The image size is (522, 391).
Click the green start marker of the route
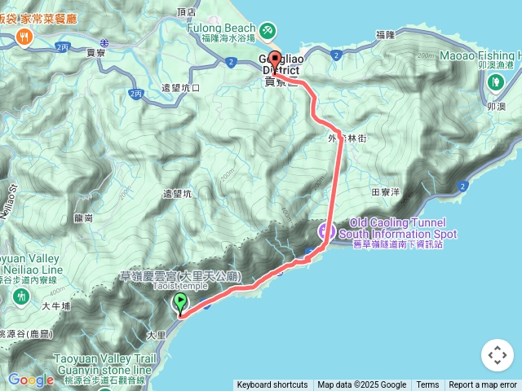pyautogui.click(x=179, y=305)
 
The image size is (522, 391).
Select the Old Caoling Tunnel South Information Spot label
pyautogui.click(x=397, y=228)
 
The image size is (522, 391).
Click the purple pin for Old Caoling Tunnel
pyautogui.click(x=324, y=234)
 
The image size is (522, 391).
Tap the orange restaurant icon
pyautogui.click(x=25, y=37)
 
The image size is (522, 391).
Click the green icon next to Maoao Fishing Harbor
pyautogui.click(x=496, y=81)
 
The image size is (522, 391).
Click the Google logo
pyautogui.click(x=31, y=380)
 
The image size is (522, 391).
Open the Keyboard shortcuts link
pyautogui.click(x=272, y=385)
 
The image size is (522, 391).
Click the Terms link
pyautogui.click(x=427, y=385)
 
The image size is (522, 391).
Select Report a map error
pyautogui.click(x=483, y=385)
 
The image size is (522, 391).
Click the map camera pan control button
pyautogui.click(x=497, y=355)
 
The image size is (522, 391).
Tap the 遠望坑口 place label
pyautogui.click(x=180, y=87)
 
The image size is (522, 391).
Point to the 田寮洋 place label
pyautogui.click(x=386, y=192)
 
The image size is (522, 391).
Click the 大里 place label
pyautogui.click(x=156, y=334)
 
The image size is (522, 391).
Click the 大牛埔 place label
pyautogui.click(x=56, y=306)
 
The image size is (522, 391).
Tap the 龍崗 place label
pyautogui.click(x=83, y=218)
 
